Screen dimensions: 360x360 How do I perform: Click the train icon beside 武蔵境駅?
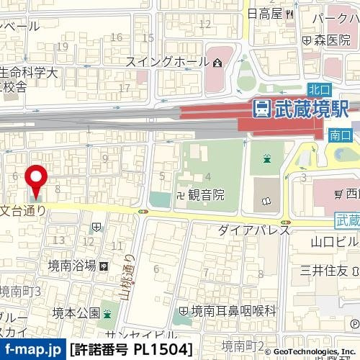261,109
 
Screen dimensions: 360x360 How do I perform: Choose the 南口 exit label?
338,135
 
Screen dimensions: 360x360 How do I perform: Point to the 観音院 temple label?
207,194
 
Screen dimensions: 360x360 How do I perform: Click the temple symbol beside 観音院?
182,194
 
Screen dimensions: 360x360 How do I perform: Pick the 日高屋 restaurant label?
263,12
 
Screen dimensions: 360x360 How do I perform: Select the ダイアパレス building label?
253,230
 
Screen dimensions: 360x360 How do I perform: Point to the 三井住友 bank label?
324,270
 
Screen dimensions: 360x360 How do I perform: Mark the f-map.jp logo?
32,350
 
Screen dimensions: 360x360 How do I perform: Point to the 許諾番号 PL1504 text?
131,350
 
